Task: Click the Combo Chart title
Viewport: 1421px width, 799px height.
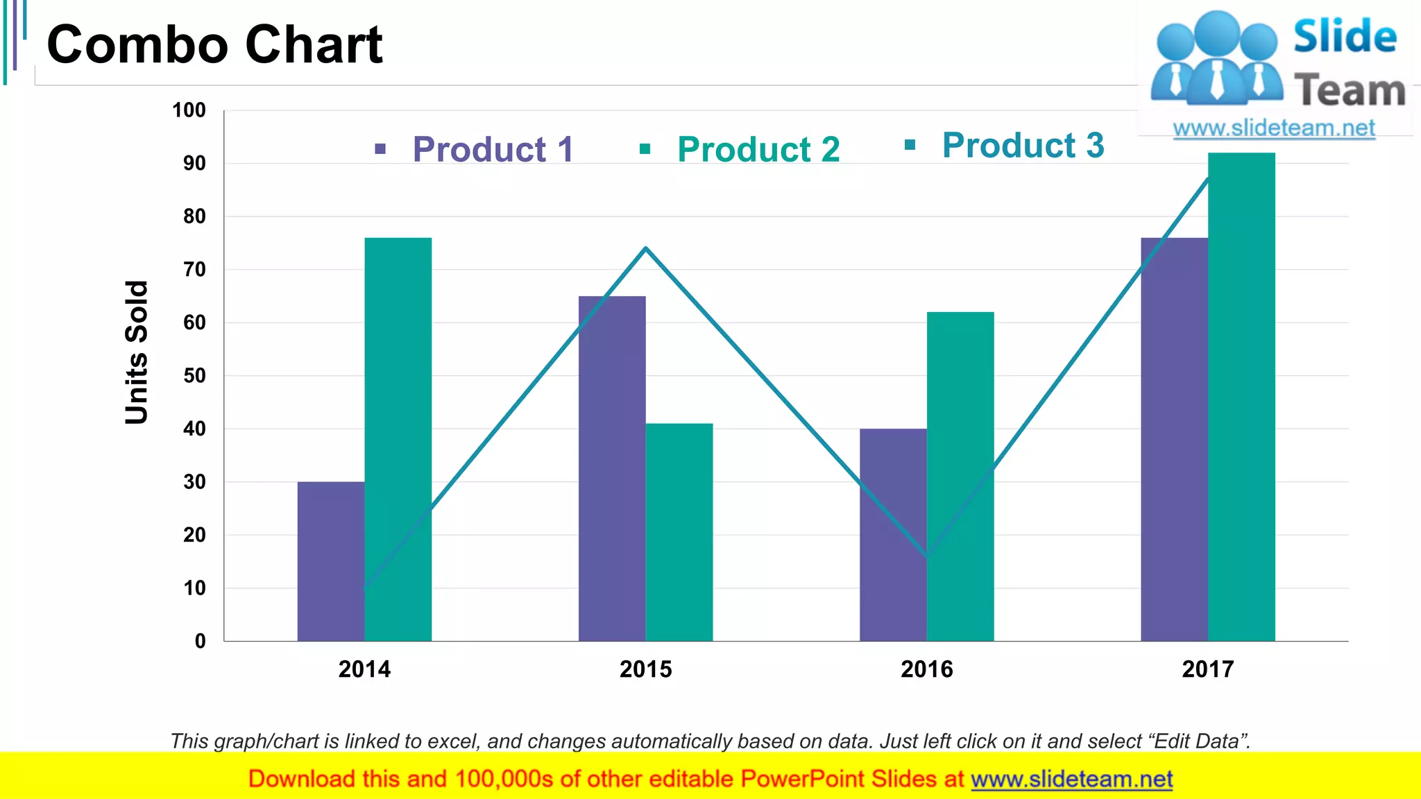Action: tap(214, 44)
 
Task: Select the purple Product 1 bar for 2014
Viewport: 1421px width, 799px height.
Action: tap(331, 562)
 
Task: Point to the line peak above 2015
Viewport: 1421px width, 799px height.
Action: tap(646, 248)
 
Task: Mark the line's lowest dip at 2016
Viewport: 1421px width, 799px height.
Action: tap(928, 556)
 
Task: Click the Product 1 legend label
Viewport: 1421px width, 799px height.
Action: tap(493, 149)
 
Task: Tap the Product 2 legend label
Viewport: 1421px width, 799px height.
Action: tap(758, 149)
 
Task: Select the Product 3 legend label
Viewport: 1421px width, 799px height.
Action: tap(1023, 145)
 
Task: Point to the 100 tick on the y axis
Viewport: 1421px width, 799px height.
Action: tap(189, 110)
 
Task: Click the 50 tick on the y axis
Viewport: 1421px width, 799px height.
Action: tap(194, 376)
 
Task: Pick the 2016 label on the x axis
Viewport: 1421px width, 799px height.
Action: tap(927, 669)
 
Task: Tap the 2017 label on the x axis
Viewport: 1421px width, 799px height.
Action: tap(1208, 669)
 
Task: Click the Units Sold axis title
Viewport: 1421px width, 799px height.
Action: tap(137, 352)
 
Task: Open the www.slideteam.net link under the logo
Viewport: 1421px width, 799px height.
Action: tap(1274, 128)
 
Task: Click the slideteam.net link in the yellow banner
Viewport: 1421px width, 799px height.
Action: tap(1071, 779)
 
